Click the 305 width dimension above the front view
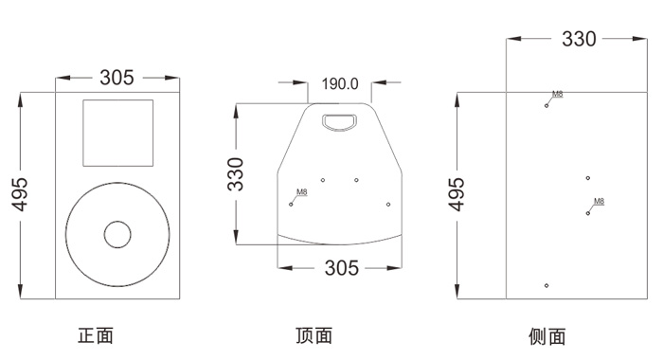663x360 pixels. click(x=116, y=78)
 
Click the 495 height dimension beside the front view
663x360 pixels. click(x=20, y=194)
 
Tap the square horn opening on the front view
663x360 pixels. click(x=118, y=133)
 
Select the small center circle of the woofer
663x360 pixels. click(x=117, y=234)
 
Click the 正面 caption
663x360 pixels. click(x=96, y=335)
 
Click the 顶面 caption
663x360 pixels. click(x=314, y=335)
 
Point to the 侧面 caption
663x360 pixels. click(x=547, y=336)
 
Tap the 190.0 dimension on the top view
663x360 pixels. click(x=340, y=83)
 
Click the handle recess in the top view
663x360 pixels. click(x=339, y=122)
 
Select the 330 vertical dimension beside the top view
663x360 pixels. click(x=236, y=174)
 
